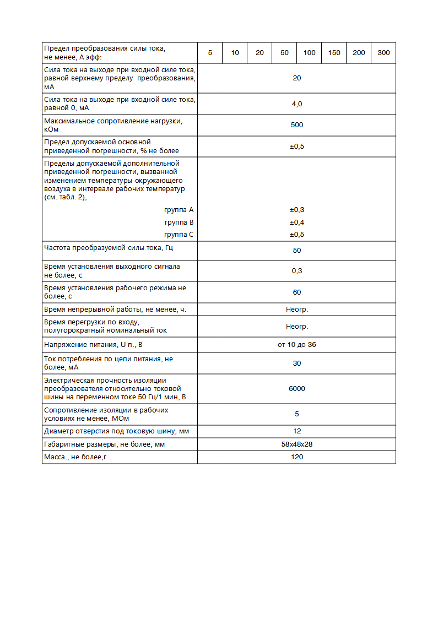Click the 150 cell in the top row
point(334,53)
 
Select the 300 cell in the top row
point(383,53)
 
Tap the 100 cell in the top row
point(309,53)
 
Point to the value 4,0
point(296,104)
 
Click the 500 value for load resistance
point(296,125)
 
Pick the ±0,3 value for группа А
point(296,210)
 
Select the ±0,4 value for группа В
point(296,222)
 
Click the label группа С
point(179,235)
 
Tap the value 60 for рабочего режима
point(296,292)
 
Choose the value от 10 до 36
point(296,345)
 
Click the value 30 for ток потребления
point(296,363)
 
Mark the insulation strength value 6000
point(296,389)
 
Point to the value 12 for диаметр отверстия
point(296,431)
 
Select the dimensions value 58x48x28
point(296,444)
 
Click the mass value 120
point(296,457)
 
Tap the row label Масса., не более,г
point(75,457)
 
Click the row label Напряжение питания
point(96,345)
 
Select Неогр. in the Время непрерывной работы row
point(296,309)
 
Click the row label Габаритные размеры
point(104,444)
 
